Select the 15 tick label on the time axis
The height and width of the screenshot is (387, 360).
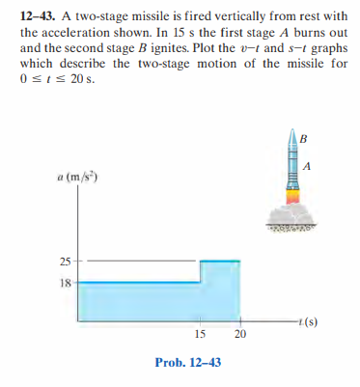coord(198,334)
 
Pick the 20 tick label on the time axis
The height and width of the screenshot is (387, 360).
coord(239,334)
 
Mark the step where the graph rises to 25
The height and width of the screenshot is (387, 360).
coord(200,271)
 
